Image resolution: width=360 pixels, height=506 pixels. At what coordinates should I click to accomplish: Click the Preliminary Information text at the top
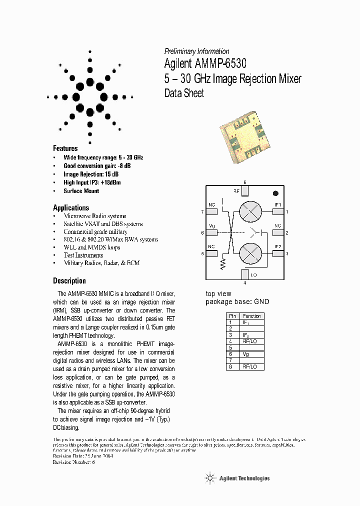196,51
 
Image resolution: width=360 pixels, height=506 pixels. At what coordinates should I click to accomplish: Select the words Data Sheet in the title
184,93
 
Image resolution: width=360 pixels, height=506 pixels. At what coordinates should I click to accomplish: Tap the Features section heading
65,148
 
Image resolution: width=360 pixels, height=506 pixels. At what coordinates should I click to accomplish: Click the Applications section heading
71,207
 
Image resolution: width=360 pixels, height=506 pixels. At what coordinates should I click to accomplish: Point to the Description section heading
69,280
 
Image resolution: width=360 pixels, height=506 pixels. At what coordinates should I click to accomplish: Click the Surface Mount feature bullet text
81,191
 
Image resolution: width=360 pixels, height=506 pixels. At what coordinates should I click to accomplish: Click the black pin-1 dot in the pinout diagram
275,193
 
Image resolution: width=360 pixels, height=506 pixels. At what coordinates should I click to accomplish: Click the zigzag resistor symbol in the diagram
222,264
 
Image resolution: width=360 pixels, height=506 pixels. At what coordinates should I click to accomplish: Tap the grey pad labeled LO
244,274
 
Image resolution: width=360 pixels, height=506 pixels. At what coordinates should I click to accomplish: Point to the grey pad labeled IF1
277,212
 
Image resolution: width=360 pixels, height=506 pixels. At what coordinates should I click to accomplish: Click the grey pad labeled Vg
212,233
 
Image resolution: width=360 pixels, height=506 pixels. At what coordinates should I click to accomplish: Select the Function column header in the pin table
251,316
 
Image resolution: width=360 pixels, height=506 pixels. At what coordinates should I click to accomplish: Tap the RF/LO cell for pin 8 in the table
251,366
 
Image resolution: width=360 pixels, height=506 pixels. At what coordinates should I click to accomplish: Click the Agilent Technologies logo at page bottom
237,478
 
